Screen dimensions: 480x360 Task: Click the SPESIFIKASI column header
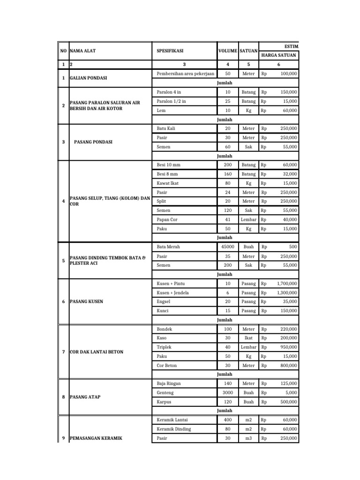pyautogui.click(x=169, y=51)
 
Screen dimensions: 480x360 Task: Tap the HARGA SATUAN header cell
pyautogui.click(x=278, y=55)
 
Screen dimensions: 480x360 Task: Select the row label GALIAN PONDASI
pyautogui.click(x=88, y=78)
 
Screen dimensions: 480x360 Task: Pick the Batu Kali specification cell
pyautogui.click(x=166, y=128)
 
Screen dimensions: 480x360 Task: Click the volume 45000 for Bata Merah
pyautogui.click(x=228, y=247)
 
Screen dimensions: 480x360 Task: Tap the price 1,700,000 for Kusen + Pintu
pyautogui.click(x=284, y=284)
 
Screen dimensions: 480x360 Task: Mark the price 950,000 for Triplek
pyautogui.click(x=287, y=347)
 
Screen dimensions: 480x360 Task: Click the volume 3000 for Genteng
pyautogui.click(x=228, y=393)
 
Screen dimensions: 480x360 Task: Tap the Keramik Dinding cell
pyautogui.click(x=175, y=429)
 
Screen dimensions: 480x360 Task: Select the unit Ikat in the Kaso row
pyautogui.click(x=248, y=338)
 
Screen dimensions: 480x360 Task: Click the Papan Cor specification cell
pyautogui.click(x=167, y=220)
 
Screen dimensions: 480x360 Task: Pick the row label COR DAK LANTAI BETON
pyautogui.click(x=96, y=352)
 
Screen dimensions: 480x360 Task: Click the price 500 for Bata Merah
pyautogui.click(x=292, y=247)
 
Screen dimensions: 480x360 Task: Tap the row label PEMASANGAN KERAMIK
pyautogui.click(x=95, y=438)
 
